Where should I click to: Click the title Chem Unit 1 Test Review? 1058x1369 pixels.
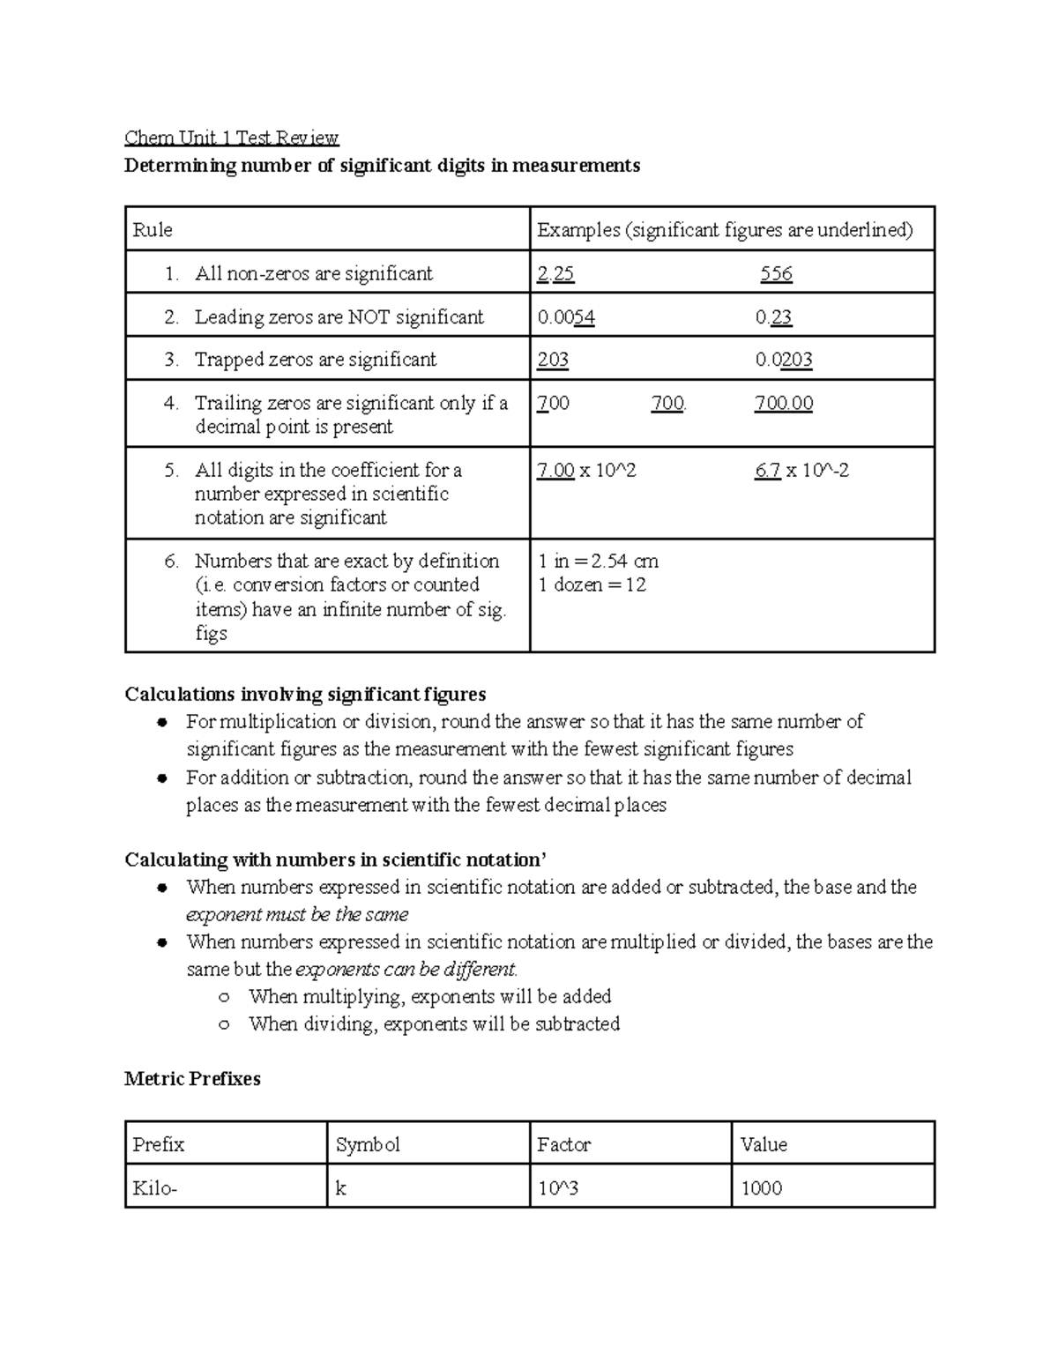click(x=231, y=138)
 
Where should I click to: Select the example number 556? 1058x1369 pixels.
click(x=776, y=274)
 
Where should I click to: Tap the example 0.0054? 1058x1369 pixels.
click(x=566, y=317)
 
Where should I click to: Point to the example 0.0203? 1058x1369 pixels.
click(x=784, y=360)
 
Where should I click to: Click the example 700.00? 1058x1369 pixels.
click(x=784, y=404)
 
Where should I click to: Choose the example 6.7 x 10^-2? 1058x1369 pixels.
click(x=801, y=471)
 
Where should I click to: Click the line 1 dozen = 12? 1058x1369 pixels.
click(x=592, y=584)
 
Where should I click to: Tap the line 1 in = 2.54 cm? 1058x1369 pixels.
click(x=598, y=562)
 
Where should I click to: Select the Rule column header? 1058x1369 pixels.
click(x=153, y=230)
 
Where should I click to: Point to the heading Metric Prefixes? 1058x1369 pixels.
click(x=192, y=1079)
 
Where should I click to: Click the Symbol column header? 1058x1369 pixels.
click(x=368, y=1145)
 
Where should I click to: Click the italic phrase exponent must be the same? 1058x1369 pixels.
click(x=297, y=915)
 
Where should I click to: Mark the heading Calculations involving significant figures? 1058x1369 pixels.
click(x=305, y=695)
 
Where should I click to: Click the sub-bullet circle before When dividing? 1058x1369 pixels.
click(x=225, y=1025)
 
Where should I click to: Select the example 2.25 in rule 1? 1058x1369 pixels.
click(x=555, y=274)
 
